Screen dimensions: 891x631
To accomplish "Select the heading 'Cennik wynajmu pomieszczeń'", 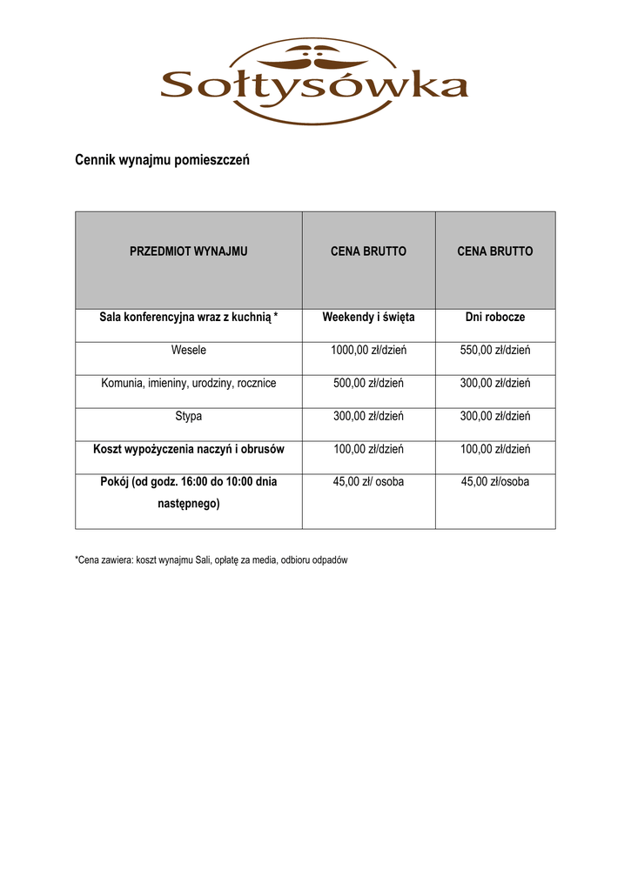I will pos(162,160).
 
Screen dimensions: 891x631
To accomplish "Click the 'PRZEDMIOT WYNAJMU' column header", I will pos(188,251).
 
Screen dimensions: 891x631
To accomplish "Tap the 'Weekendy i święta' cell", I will pos(368,318).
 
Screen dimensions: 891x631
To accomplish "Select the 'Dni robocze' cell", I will pos(494,318).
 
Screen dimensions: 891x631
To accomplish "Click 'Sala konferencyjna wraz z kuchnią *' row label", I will pos(188,318).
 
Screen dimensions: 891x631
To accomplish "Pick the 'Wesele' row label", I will pos(188,351).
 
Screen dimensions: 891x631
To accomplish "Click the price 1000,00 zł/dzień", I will pos(368,351).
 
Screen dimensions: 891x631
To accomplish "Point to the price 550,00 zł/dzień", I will pos(494,351).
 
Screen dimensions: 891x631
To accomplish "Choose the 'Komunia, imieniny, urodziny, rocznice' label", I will pos(188,383).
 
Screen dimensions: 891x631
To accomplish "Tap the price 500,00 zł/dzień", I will pos(368,383).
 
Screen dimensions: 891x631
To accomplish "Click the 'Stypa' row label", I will pos(188,416).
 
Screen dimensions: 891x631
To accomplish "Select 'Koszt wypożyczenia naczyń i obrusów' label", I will pos(188,449).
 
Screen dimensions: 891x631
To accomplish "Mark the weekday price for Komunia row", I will pos(494,383).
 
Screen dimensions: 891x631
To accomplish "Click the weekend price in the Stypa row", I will pos(368,416).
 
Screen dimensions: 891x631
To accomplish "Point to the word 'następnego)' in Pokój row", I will pos(188,504).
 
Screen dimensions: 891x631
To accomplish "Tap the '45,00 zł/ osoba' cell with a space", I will pos(368,481).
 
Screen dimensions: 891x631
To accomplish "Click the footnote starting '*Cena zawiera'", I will pos(211,560).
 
